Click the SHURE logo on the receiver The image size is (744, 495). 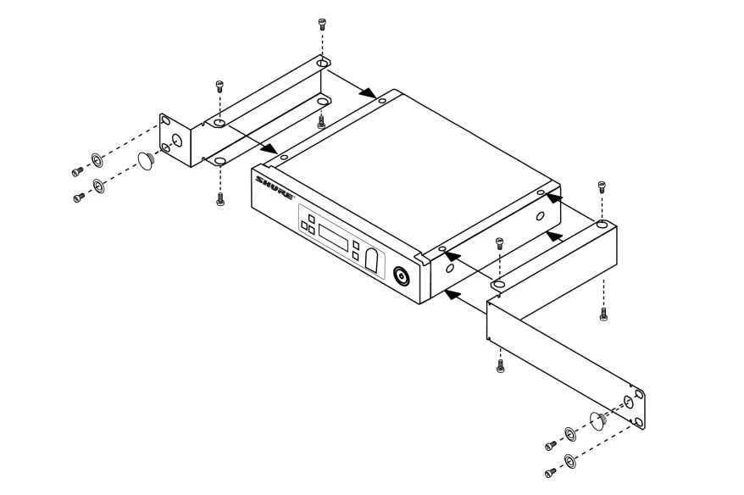pos(275,187)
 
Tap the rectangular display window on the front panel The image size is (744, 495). pos(335,238)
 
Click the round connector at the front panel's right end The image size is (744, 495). pos(402,275)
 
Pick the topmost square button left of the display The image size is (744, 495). pos(310,219)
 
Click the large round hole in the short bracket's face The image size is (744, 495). pos(178,141)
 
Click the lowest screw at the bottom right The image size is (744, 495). pos(549,471)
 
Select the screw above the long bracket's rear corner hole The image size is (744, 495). pos(602,185)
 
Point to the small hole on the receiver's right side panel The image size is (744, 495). pos(541,216)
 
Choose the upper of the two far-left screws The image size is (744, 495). pos(77,172)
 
